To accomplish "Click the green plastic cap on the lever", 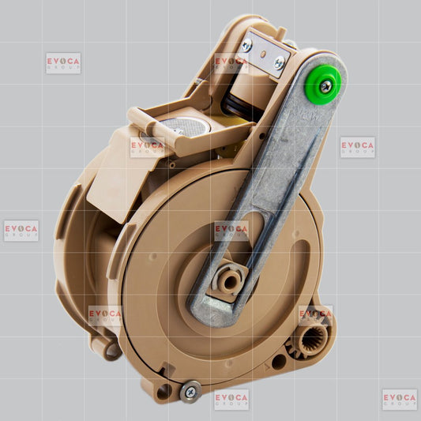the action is (323, 85).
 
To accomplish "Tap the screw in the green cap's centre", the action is (326, 86).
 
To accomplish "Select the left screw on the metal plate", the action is (246, 46).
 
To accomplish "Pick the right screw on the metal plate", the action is (280, 62).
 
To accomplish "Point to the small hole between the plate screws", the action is (265, 54).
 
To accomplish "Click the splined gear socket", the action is (312, 340).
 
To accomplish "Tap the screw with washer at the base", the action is (190, 392).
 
